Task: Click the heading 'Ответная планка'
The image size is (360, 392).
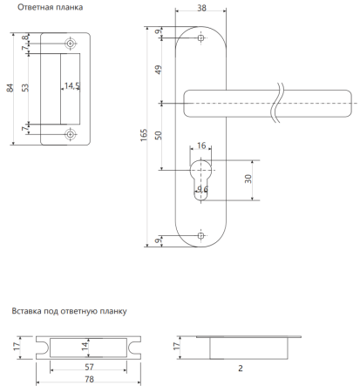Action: pyautogui.click(x=50, y=7)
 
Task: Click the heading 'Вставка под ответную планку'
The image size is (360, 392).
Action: pyautogui.click(x=69, y=311)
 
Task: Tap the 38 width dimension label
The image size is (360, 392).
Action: pyautogui.click(x=201, y=8)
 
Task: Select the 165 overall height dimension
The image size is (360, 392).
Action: pyautogui.click(x=144, y=135)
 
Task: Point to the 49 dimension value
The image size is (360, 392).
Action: pyautogui.click(x=159, y=70)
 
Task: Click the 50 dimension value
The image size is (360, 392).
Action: pyautogui.click(x=159, y=135)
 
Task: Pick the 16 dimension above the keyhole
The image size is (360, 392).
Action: pyautogui.click(x=201, y=145)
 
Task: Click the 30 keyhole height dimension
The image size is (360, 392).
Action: pyautogui.click(x=248, y=179)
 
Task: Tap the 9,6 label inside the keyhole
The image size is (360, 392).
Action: pyautogui.click(x=202, y=189)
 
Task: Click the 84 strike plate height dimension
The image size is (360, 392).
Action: pyautogui.click(x=10, y=88)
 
